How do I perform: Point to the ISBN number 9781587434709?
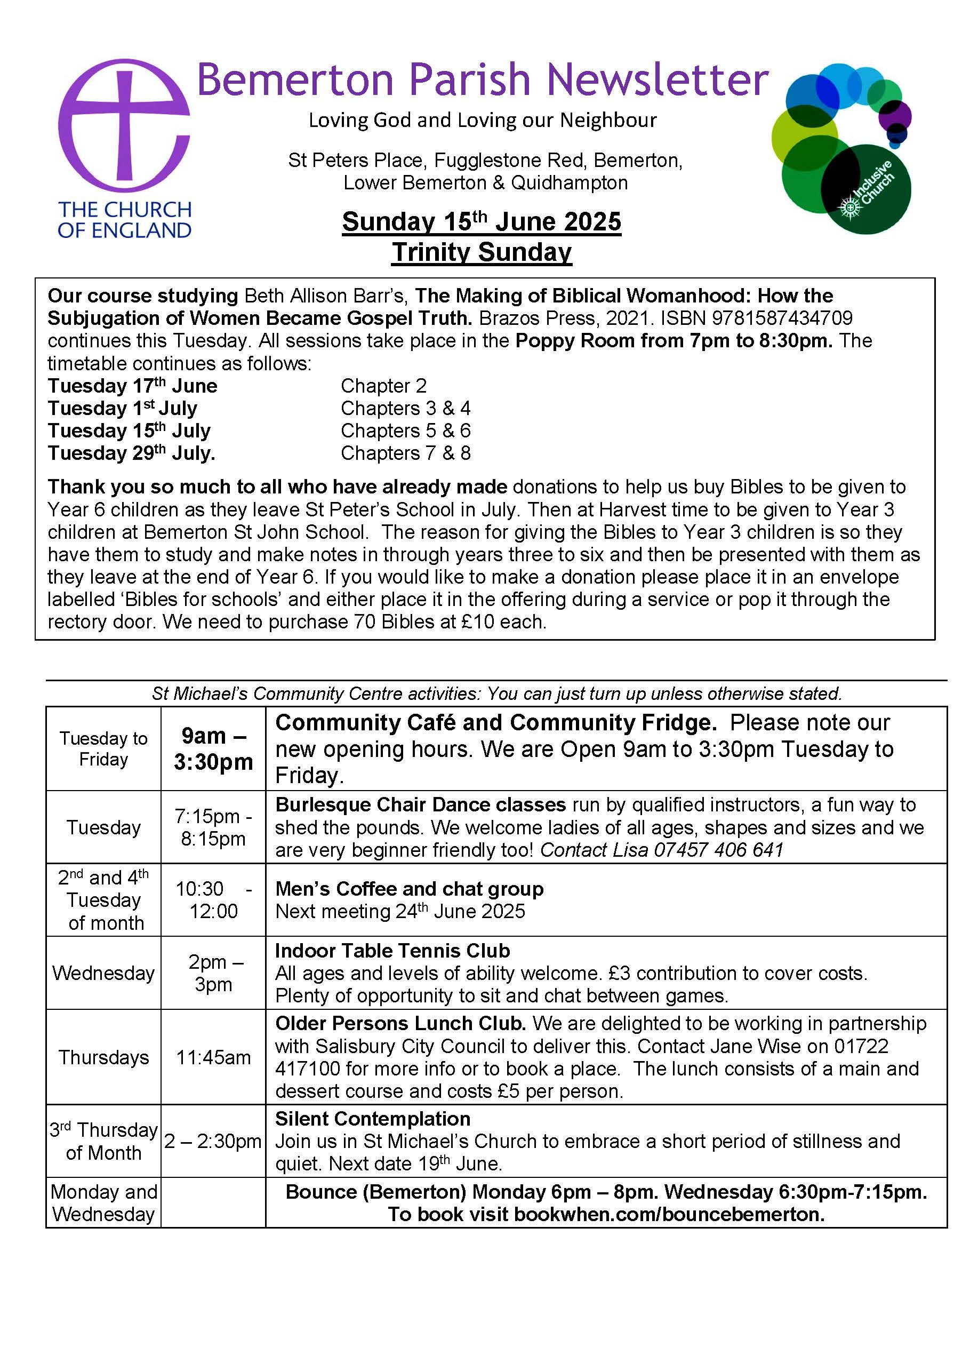(x=782, y=318)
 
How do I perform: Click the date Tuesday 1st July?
(x=123, y=409)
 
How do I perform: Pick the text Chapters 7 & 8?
(x=406, y=453)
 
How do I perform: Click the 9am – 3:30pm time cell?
(x=213, y=748)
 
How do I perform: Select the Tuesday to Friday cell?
(x=103, y=748)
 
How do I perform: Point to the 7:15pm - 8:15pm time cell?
(x=213, y=827)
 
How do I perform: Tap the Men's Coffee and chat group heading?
(x=409, y=889)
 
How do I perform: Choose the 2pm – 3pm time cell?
(x=213, y=973)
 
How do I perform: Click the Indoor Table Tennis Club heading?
(x=392, y=951)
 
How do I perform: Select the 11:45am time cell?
(x=213, y=1057)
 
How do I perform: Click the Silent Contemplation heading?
(x=373, y=1118)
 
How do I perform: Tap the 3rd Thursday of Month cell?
(x=103, y=1141)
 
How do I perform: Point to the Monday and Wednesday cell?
(x=103, y=1202)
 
